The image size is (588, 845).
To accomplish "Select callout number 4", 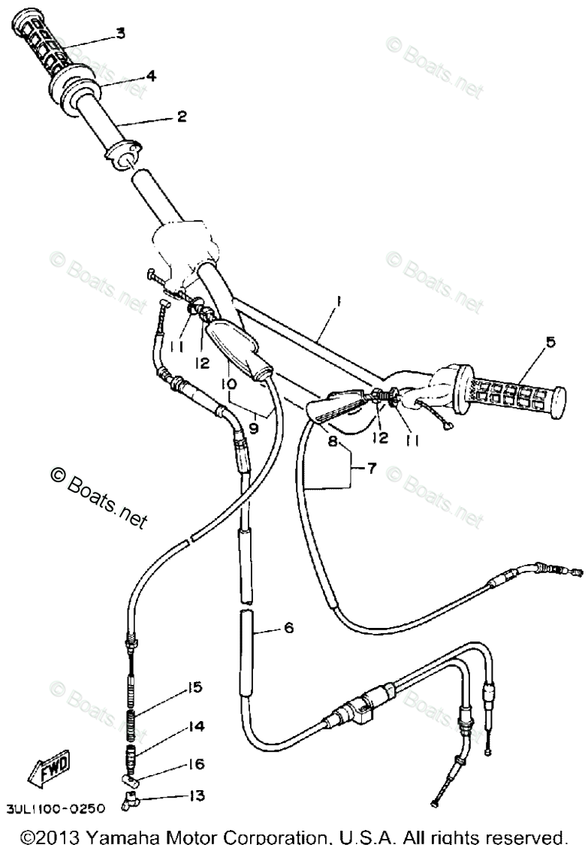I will click(151, 75).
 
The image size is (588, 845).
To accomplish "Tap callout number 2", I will click(181, 116).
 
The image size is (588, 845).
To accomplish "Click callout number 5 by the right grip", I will click(550, 343).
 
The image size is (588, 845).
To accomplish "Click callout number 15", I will click(195, 687).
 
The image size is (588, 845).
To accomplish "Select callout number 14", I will click(195, 726).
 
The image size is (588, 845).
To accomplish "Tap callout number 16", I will click(195, 764).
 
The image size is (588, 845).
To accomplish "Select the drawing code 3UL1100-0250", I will click(56, 808).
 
